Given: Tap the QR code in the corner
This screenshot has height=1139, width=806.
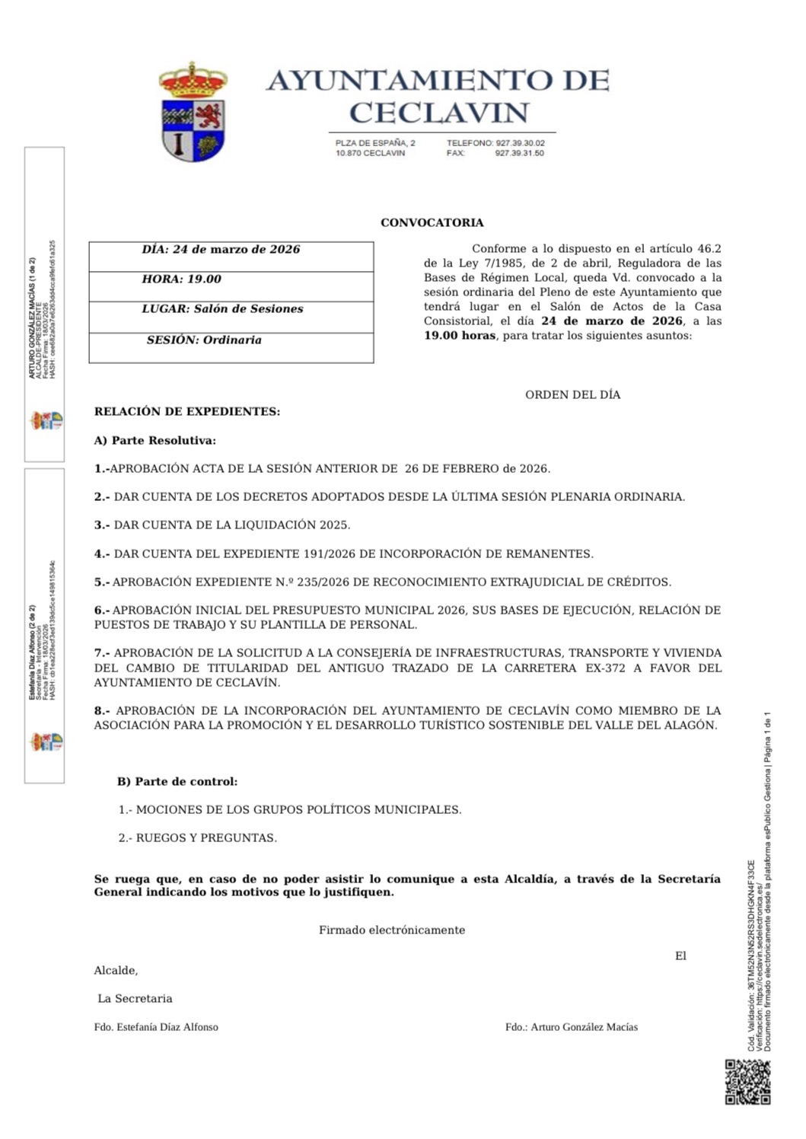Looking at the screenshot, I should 747,1081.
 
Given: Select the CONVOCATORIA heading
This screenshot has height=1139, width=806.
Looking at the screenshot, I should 432,223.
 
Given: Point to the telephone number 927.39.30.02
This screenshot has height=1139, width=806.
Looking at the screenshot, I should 520,143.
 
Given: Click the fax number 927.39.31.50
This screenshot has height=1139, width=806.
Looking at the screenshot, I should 520,153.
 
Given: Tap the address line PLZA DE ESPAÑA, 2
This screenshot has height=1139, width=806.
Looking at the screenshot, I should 375,143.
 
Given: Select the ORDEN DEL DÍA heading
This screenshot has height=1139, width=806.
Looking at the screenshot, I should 572,394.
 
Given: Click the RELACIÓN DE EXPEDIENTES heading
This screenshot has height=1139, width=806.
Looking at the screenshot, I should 187,412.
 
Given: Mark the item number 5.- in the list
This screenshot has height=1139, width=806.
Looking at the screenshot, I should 102,582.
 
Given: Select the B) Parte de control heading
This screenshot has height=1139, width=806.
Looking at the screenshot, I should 177,782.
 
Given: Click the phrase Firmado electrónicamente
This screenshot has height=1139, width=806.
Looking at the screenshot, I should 392,930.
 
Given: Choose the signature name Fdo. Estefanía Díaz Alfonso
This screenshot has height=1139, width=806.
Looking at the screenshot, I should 156,1027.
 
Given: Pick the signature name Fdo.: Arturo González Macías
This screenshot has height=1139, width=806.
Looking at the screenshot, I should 572,1027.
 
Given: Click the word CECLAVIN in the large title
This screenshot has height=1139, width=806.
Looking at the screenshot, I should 438,113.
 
